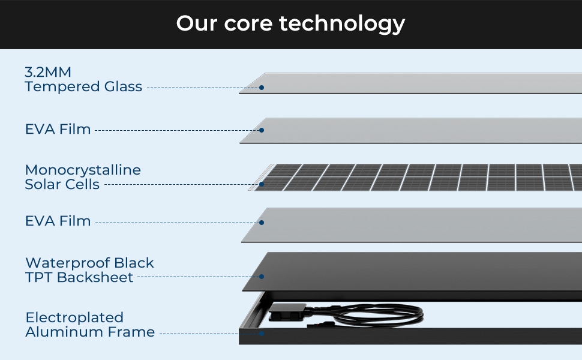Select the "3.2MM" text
point(48,72)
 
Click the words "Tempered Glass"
point(83,87)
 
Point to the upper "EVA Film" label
point(58,129)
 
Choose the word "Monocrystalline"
point(83,170)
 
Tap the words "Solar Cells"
point(62,184)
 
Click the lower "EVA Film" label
point(58,221)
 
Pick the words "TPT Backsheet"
point(79,277)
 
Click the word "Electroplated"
point(74,317)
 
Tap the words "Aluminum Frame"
point(90,332)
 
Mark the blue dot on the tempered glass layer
point(262,88)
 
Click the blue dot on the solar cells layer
point(262,185)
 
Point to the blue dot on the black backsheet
point(262,277)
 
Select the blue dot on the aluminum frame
point(262,332)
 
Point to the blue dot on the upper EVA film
point(262,130)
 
